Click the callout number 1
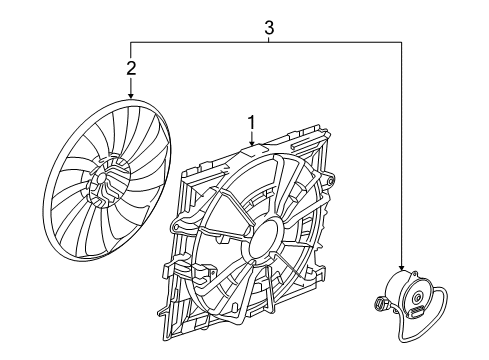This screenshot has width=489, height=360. coord(252,123)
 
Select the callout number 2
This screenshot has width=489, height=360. coord(130,68)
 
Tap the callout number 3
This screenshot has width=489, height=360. coord(269,29)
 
